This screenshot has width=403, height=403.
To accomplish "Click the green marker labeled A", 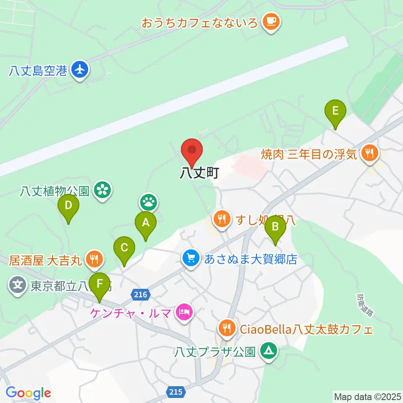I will [145, 223].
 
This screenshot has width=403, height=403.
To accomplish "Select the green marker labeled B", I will [275, 227].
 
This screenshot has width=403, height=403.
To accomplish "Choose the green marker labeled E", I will [335, 111].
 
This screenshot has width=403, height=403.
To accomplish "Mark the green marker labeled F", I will [99, 284].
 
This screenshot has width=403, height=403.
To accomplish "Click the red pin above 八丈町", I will [192, 150].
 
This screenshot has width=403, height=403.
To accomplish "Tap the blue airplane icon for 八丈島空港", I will [79, 69].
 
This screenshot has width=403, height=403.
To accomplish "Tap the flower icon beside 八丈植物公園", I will [102, 190].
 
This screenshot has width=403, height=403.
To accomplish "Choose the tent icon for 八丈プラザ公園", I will [268, 351].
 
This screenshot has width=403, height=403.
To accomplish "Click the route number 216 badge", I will [141, 295].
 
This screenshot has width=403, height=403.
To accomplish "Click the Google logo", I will [28, 393].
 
